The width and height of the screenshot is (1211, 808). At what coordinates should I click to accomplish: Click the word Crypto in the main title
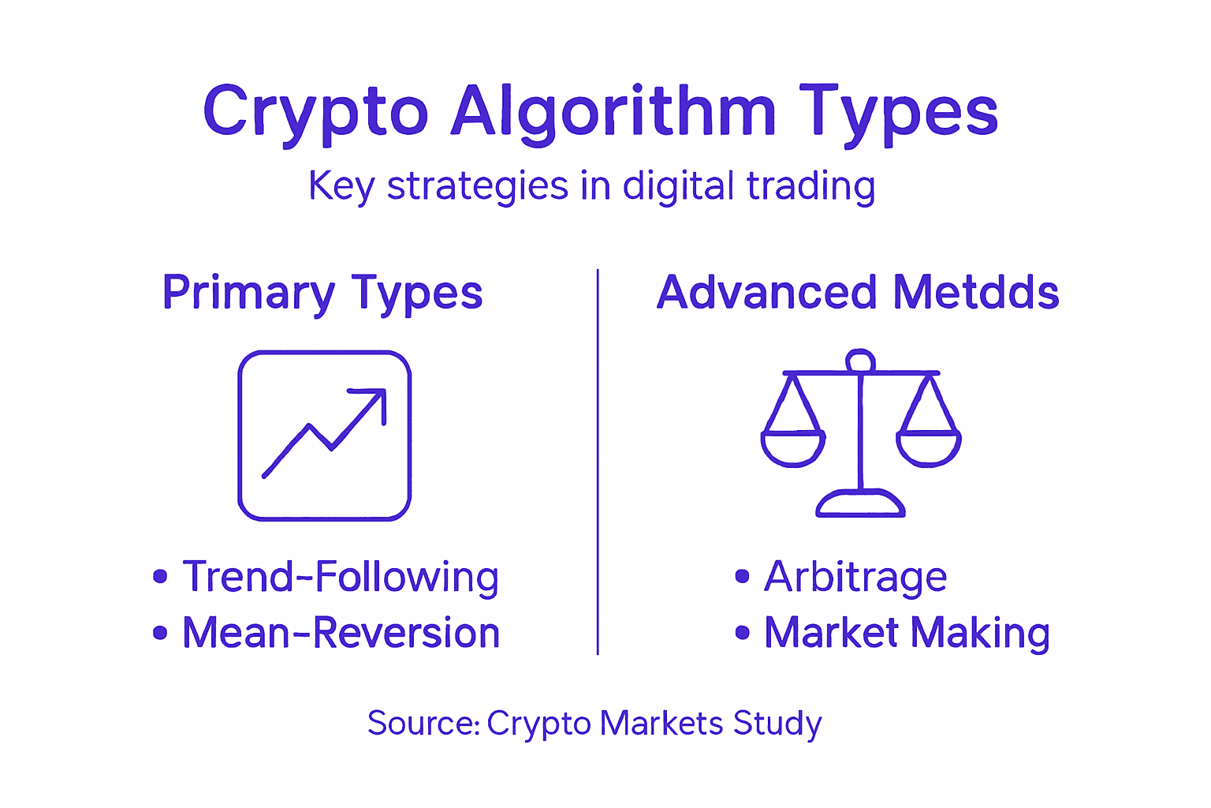pos(315,113)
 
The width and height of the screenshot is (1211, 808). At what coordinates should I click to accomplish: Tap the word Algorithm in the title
pos(613,113)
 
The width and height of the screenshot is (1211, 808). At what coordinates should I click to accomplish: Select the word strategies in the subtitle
pos(477,187)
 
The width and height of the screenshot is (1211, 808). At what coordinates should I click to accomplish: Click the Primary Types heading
pos(322,294)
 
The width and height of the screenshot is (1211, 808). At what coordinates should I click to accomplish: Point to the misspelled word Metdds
pos(976,292)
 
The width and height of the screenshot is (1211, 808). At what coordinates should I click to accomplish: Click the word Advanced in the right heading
pos(766,292)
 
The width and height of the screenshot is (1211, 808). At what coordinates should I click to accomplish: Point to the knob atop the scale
pos(860,361)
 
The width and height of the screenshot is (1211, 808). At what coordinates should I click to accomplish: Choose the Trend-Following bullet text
pos(341,577)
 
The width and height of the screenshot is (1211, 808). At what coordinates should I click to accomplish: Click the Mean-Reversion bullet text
pos(341,633)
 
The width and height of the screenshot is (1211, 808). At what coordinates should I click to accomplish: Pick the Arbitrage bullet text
pos(855,577)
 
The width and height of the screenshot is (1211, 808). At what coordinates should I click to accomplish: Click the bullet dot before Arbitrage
pos(742,577)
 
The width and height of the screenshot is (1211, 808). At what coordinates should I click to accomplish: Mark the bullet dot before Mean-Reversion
pos(160,633)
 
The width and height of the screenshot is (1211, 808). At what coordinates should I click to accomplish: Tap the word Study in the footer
pos(777,724)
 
